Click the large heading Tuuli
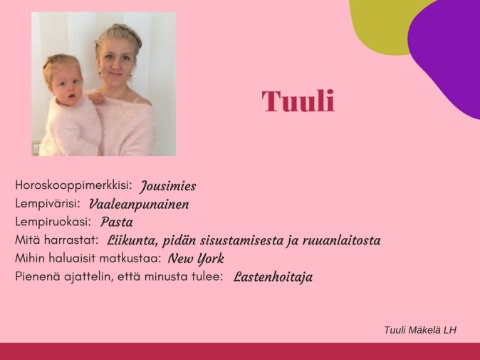pos(298,102)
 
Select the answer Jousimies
pos(168,186)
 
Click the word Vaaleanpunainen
pos(139,204)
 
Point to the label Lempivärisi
pos(48,203)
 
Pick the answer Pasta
pos(117,222)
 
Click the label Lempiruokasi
pos(54,221)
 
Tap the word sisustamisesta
pos(254,240)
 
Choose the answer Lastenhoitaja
pos(273,276)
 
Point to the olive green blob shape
pos(377,25)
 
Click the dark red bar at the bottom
pos(240,351)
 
